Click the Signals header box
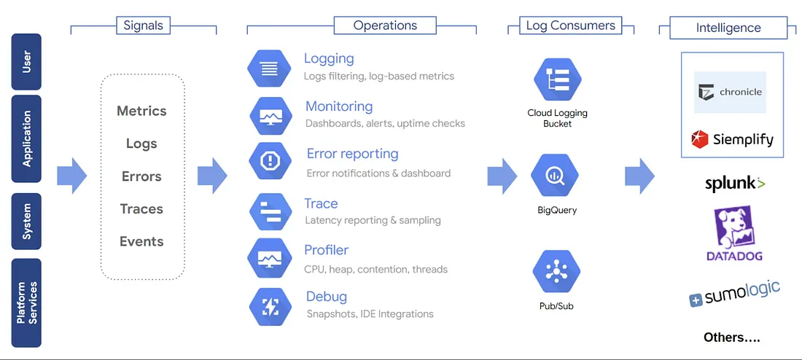click(143, 26)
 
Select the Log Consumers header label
click(571, 25)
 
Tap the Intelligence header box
click(728, 28)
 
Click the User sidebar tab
click(26, 61)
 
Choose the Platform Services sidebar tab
click(26, 302)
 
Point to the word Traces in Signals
click(141, 208)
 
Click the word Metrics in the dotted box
click(141, 111)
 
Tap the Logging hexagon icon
click(269, 68)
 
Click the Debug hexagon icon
click(270, 307)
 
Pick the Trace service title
click(321, 203)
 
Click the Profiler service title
click(327, 250)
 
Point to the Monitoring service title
click(339, 106)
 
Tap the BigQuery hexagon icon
click(554, 176)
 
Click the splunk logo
click(735, 184)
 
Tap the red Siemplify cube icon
click(699, 139)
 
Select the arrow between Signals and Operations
click(212, 176)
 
